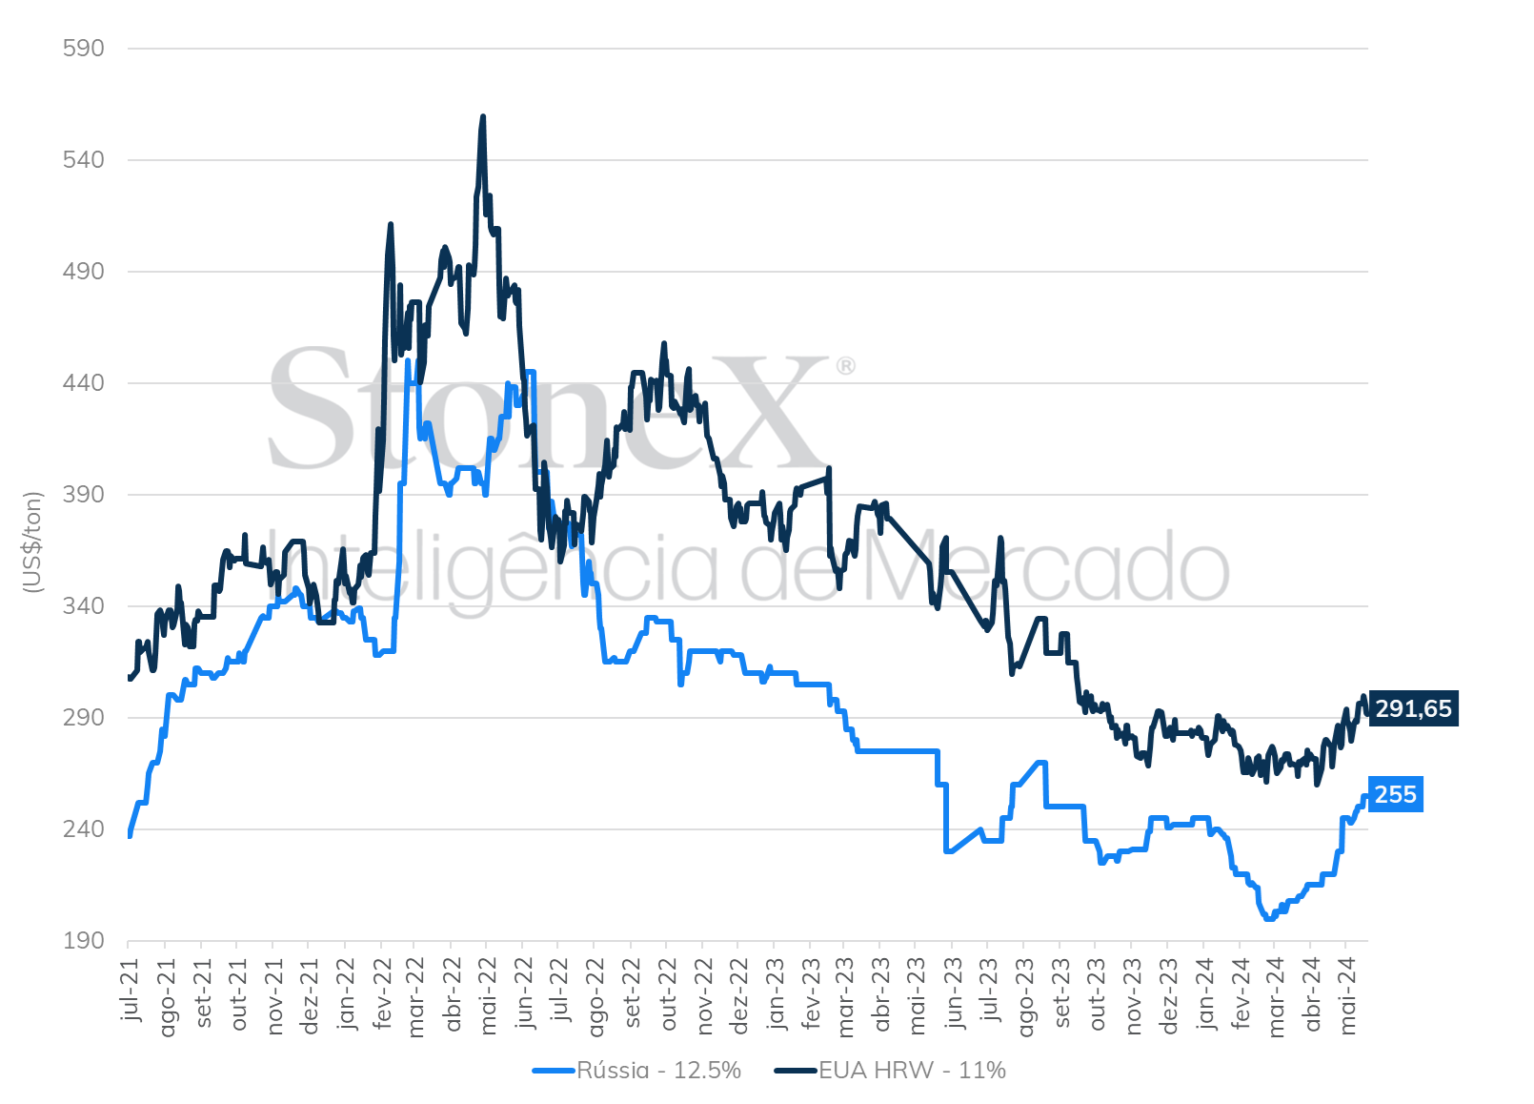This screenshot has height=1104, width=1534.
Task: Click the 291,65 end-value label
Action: click(1414, 708)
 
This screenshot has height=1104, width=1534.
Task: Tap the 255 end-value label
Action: click(1396, 794)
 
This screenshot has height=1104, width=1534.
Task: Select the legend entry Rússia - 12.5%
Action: click(636, 1070)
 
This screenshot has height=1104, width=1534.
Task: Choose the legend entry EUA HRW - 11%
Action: click(890, 1070)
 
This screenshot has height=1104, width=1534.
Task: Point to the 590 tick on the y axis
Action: click(84, 49)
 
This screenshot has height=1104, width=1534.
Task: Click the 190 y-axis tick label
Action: click(84, 941)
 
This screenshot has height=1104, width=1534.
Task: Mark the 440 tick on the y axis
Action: click(84, 383)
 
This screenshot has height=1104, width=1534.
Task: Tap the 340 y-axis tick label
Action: click(84, 605)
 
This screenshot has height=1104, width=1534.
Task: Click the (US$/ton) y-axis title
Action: click(32, 542)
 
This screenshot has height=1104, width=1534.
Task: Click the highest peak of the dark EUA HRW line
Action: click(483, 116)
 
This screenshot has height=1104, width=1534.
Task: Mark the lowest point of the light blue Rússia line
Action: click(1269, 918)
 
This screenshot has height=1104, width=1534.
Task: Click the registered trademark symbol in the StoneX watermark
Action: click(846, 366)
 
